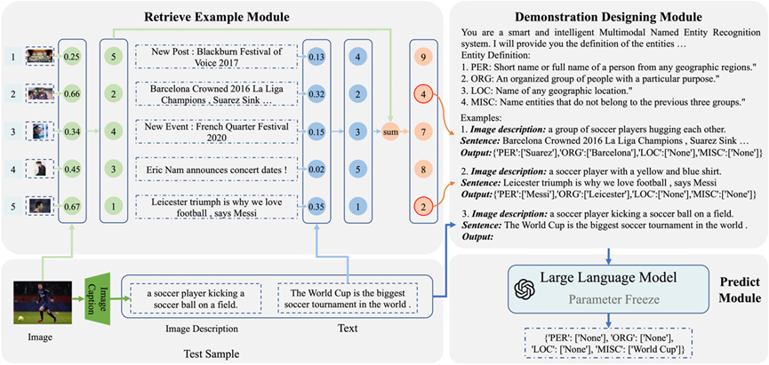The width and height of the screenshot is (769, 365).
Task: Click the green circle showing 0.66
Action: tap(72, 93)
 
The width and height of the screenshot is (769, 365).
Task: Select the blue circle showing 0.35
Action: tap(316, 206)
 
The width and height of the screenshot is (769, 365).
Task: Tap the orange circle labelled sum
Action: tap(390, 131)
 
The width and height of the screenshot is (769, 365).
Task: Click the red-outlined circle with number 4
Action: tap(423, 93)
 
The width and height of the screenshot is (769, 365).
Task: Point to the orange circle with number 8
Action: tap(423, 169)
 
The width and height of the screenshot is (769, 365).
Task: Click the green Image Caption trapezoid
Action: tap(98, 297)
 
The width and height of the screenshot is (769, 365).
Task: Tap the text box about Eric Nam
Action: tap(216, 171)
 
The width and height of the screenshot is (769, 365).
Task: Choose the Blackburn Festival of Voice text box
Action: tap(216, 57)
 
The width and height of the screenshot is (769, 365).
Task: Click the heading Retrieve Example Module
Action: tap(217, 18)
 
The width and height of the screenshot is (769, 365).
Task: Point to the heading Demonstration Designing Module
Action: tap(609, 18)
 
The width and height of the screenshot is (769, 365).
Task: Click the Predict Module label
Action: tap(741, 290)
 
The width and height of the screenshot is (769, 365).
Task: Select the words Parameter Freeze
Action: tap(608, 299)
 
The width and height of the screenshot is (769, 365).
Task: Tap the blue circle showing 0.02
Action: tap(316, 170)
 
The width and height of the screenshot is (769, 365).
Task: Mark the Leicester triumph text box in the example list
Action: tap(216, 206)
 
